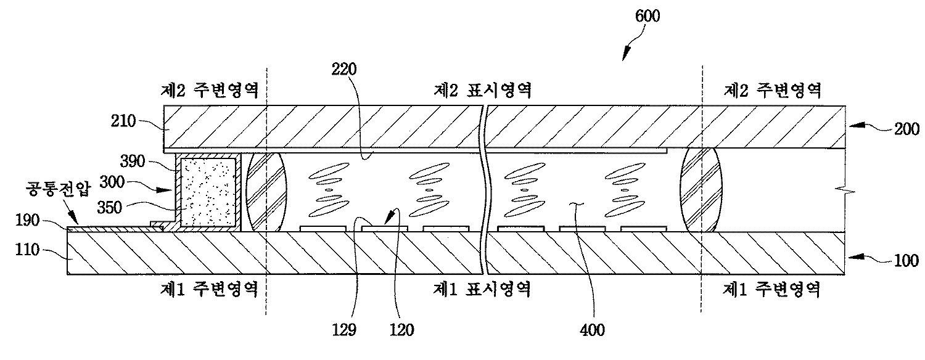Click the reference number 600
647,17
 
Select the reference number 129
343,330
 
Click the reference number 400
592,330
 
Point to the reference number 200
906,128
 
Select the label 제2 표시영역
482,91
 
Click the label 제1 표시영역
482,288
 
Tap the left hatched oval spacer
267,192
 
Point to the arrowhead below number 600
624,57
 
